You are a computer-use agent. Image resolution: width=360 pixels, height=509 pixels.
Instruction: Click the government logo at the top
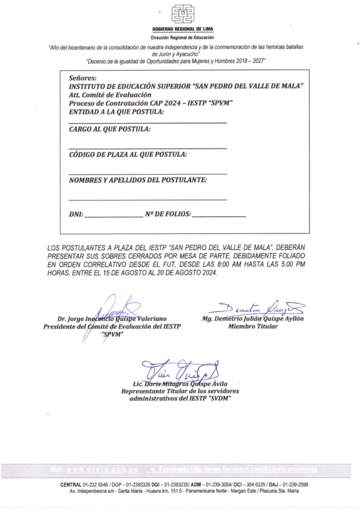tap(182, 14)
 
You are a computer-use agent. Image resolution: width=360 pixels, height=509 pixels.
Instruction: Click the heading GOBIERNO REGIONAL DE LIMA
tap(182, 30)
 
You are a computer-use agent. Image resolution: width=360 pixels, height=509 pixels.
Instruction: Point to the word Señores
tap(83, 78)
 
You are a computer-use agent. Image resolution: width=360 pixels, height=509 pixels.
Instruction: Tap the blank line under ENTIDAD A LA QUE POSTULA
tap(148, 123)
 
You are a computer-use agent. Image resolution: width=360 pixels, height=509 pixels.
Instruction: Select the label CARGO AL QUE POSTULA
tap(109, 129)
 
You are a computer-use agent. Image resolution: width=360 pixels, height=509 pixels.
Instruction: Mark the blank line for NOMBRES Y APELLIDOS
tap(148, 200)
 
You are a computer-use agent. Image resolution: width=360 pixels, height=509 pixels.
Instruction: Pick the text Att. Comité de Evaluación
tap(110, 94)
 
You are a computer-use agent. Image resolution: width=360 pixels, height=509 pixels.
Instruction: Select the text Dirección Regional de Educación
tap(182, 37)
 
